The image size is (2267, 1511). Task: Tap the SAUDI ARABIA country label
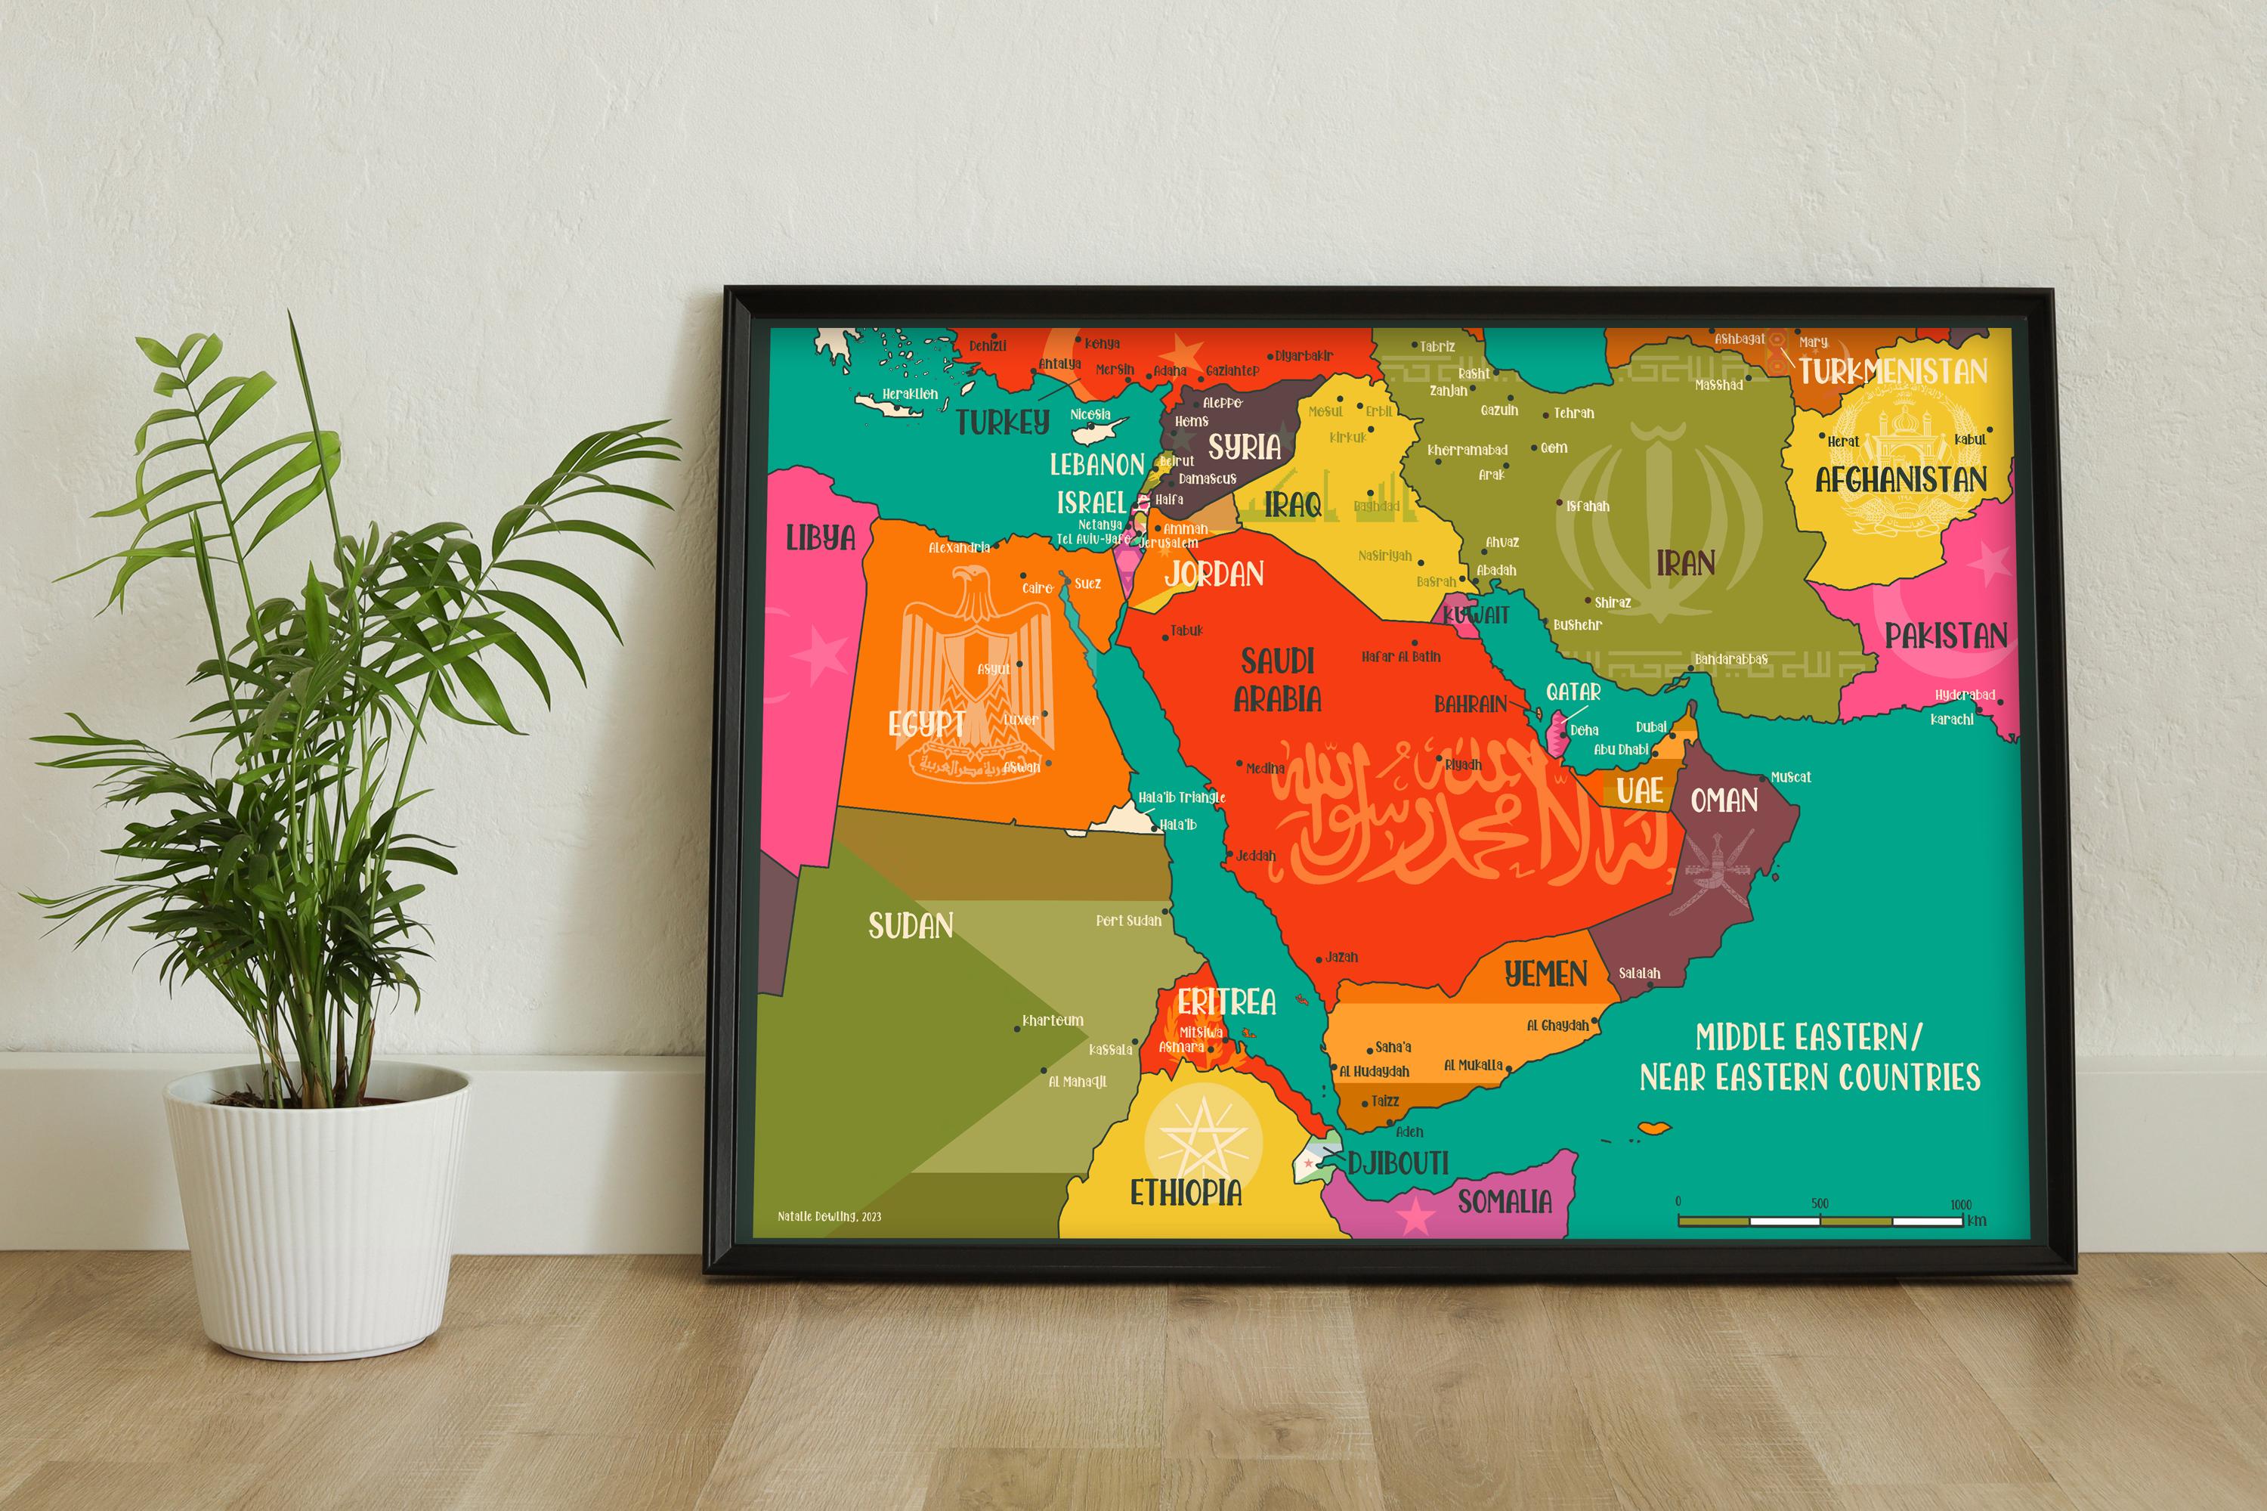[1278, 680]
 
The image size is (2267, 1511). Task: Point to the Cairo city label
[1037, 588]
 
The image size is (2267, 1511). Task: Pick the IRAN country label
[1685, 563]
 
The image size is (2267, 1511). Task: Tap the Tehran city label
[1573, 413]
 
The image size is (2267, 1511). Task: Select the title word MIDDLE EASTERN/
[1808, 1038]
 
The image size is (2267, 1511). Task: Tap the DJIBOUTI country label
[1397, 1163]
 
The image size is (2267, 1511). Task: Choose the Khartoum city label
[1052, 1020]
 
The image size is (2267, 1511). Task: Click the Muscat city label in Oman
[1790, 777]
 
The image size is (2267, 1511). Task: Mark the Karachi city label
[1952, 719]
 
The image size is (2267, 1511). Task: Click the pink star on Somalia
[1415, 1216]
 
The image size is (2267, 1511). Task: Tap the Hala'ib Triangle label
[1181, 798]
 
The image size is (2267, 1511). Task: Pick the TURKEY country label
[1002, 422]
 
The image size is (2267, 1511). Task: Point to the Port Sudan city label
[1128, 921]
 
